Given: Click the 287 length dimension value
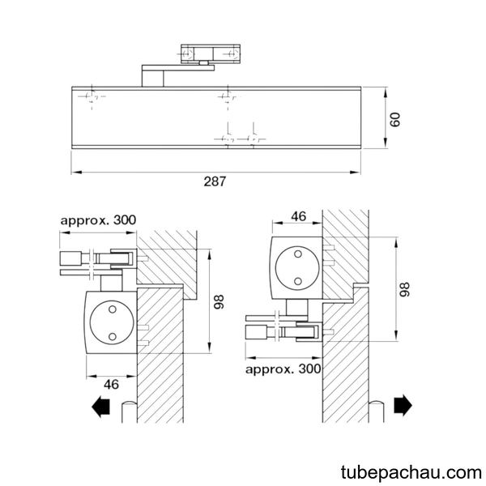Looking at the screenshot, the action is pyautogui.click(x=215, y=181).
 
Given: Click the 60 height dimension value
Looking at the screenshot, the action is pyautogui.click(x=395, y=119).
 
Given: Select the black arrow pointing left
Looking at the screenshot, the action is pyautogui.click(x=100, y=407).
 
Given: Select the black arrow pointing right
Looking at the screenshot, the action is pyautogui.click(x=403, y=405).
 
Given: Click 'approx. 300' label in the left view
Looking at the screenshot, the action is pyautogui.click(x=98, y=220).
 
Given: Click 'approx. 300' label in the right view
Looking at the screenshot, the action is pyautogui.click(x=283, y=369).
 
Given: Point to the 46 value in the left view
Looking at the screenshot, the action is pyautogui.click(x=111, y=384).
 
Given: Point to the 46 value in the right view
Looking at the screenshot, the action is pyautogui.click(x=298, y=216).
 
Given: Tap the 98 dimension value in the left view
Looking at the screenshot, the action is pyautogui.click(x=219, y=301).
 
